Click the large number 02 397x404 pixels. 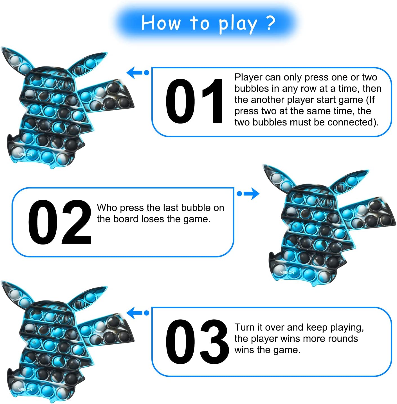click(60, 222)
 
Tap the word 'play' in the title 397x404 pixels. click(238, 24)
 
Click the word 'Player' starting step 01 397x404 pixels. click(248, 78)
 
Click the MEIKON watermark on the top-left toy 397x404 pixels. click(25, 154)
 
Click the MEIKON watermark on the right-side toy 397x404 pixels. click(287, 273)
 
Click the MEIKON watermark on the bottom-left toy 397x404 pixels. click(25, 390)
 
